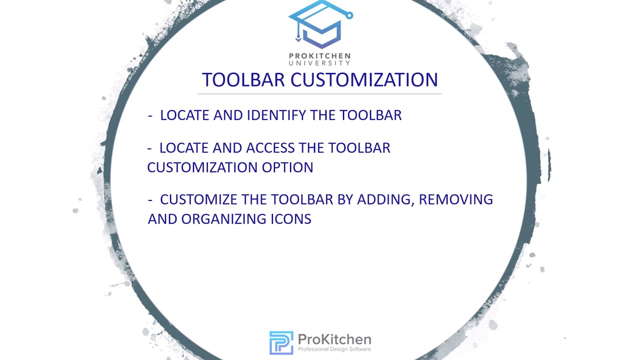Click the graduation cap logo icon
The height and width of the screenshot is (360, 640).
click(x=320, y=25)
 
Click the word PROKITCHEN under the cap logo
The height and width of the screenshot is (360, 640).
click(x=320, y=56)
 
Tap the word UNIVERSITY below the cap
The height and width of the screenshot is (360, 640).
click(x=320, y=63)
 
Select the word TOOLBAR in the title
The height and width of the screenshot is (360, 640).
click(x=243, y=80)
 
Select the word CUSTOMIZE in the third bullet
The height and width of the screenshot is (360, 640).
click(x=198, y=199)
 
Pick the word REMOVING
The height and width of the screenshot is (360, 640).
click(x=456, y=199)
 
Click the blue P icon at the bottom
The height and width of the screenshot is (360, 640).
click(x=281, y=342)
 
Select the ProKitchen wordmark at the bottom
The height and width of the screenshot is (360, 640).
click(x=334, y=340)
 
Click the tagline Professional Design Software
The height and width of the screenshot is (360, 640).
click(x=334, y=349)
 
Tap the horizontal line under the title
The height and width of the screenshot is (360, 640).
click(x=319, y=93)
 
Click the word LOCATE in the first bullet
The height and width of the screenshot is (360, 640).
click(x=184, y=115)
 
